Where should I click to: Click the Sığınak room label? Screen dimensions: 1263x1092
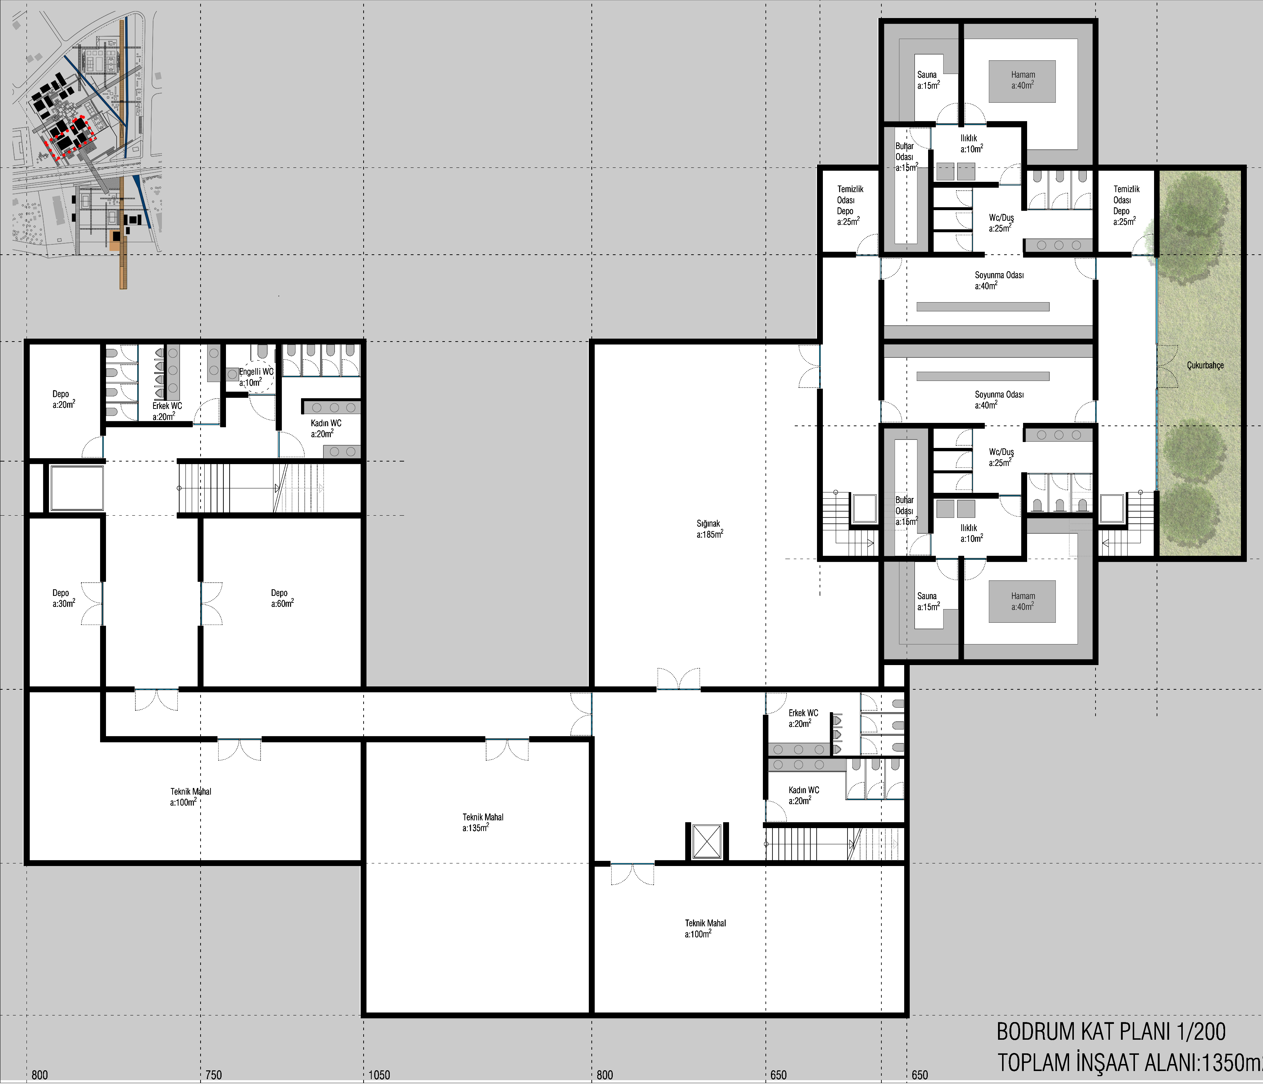(x=710, y=529)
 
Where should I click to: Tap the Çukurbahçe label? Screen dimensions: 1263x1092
(x=1205, y=365)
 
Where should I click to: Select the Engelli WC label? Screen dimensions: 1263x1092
(x=256, y=371)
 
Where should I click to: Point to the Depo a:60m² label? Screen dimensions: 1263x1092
(x=282, y=597)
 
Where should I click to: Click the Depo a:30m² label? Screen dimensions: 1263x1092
(x=63, y=597)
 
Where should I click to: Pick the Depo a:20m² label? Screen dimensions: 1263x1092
(x=63, y=399)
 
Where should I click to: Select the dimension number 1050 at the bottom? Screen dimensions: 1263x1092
(x=379, y=1075)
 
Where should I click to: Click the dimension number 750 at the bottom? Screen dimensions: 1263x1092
(x=213, y=1075)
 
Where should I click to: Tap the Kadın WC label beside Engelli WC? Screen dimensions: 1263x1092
(x=326, y=428)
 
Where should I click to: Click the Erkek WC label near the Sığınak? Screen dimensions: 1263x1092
(x=803, y=718)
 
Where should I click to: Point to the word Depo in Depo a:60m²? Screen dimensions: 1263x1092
(x=279, y=593)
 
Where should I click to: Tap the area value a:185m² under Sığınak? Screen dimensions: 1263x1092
(x=710, y=534)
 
